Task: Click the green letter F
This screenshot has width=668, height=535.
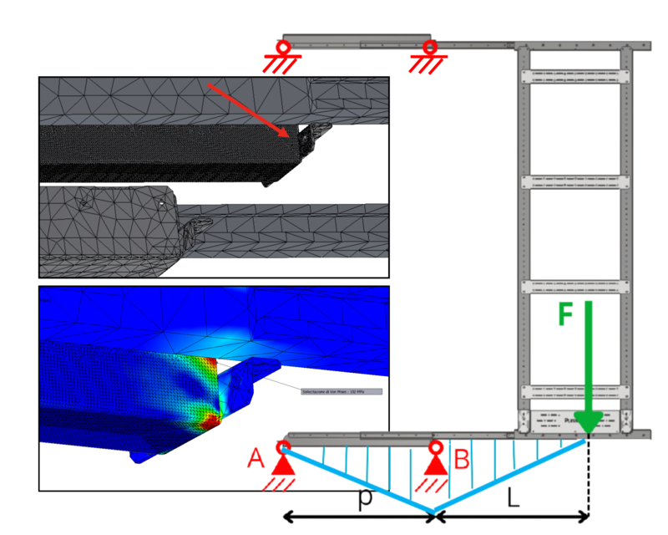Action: (566, 316)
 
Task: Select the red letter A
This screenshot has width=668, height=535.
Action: (256, 456)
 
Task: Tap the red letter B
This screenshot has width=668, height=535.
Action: (460, 457)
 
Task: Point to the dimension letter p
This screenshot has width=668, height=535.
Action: (364, 498)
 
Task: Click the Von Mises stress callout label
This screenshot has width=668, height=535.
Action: (340, 390)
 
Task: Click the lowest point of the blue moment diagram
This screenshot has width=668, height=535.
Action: (433, 511)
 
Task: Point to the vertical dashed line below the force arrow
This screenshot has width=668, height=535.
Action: (590, 476)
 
